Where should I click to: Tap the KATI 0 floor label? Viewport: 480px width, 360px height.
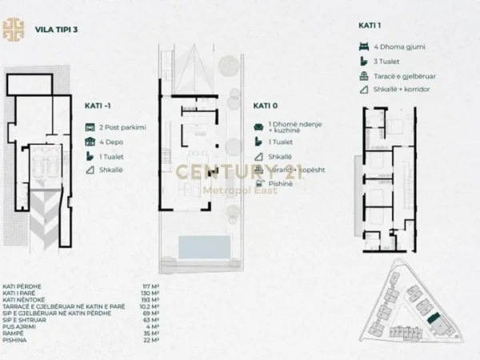(x=266, y=105)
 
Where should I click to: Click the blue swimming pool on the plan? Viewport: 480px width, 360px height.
(x=198, y=246)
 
